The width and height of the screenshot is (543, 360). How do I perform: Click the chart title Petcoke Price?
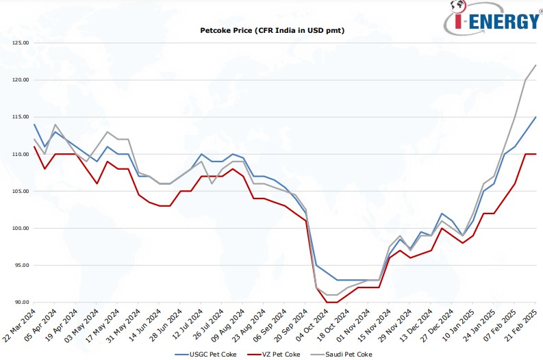click(x=271, y=31)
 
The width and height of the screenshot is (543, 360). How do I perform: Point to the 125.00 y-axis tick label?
click(x=21, y=43)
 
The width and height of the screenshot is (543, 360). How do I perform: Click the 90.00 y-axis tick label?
click(x=21, y=303)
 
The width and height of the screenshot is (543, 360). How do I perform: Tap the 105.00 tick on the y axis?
click(x=21, y=192)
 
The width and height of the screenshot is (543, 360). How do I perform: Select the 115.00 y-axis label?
click(x=21, y=117)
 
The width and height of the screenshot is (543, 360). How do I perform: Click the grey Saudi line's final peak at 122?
click(x=535, y=65)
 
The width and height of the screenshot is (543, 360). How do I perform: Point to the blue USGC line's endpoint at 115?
click(x=535, y=117)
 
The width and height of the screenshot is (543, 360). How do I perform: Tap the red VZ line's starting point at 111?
click(x=34, y=146)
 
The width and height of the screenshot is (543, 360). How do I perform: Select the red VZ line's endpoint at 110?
click(x=535, y=154)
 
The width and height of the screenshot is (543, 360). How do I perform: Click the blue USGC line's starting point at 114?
click(x=34, y=125)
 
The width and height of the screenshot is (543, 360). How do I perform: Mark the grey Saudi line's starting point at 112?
click(x=34, y=140)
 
